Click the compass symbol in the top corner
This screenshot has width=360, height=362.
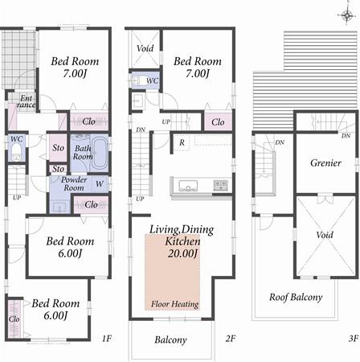click(346, 13)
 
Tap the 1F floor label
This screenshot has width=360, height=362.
click(106, 339)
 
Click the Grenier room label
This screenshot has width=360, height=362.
click(325, 163)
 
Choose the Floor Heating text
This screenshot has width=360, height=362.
click(176, 305)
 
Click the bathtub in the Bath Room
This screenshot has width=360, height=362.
click(100, 153)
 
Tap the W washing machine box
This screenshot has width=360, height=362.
click(100, 183)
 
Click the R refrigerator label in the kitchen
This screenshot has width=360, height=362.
click(182, 143)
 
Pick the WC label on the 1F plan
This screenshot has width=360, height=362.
click(16, 139)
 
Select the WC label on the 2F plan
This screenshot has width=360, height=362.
click(152, 81)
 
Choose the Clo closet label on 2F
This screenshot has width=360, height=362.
click(218, 123)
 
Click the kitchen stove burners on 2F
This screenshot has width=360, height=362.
click(220, 186)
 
